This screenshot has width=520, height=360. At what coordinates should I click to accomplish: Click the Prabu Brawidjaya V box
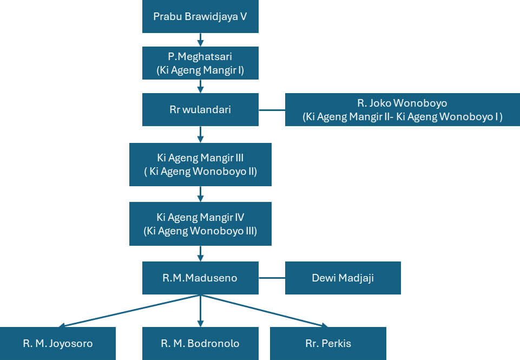[200, 16]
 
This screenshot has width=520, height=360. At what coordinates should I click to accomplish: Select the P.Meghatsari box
[200, 63]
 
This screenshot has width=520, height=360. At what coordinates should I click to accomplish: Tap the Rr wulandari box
[200, 109]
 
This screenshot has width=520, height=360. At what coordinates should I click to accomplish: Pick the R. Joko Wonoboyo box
[402, 109]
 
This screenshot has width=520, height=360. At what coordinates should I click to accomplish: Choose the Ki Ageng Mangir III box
[200, 165]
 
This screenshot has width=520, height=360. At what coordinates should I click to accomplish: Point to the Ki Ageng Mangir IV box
[200, 224]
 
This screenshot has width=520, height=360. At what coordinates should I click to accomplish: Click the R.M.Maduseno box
[200, 278]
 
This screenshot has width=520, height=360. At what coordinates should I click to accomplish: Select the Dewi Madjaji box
[343, 278]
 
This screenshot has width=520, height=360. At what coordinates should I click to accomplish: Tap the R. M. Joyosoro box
[58, 343]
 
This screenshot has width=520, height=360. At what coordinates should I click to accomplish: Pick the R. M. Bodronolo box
[200, 343]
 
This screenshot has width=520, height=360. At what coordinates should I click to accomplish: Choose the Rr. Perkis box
[328, 343]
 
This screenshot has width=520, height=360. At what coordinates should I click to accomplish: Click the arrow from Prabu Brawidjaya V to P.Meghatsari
[200, 40]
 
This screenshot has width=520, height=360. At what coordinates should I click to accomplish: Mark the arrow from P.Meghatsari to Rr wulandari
[200, 86]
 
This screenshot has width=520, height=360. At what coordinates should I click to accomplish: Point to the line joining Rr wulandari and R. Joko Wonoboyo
[272, 110]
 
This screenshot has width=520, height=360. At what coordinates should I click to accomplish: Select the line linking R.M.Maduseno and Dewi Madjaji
[272, 278]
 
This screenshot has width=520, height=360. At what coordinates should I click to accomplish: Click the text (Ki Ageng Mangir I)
[200, 70]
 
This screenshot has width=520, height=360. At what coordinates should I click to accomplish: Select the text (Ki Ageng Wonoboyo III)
[200, 231]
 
